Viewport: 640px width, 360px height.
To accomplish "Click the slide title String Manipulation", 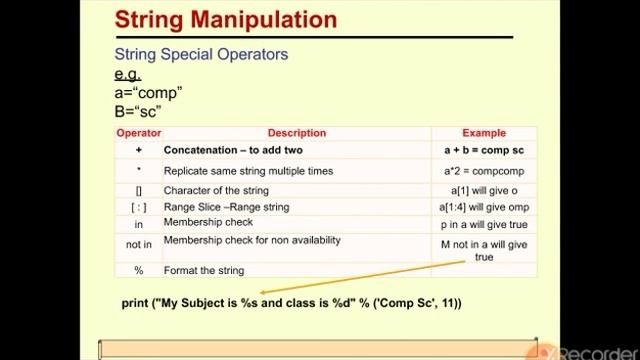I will [x=224, y=19].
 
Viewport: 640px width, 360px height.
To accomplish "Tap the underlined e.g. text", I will [x=127, y=74].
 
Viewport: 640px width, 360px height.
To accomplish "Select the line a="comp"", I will [x=148, y=93].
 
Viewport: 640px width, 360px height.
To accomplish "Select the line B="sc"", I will [x=138, y=111].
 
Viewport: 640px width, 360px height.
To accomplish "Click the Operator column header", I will [x=139, y=133].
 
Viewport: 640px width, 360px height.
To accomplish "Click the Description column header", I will [x=296, y=133].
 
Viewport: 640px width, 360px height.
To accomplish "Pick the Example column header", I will [x=484, y=133].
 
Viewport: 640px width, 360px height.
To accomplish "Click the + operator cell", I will [x=139, y=150].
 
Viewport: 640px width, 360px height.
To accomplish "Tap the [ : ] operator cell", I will [x=139, y=207].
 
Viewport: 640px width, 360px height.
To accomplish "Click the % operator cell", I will [x=139, y=270].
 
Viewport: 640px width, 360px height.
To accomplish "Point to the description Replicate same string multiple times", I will [x=248, y=171].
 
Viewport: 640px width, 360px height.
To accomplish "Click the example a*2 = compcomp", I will [x=485, y=171].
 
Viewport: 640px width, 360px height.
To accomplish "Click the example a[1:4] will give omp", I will [x=485, y=207].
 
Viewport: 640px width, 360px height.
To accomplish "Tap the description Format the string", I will [x=204, y=270].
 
